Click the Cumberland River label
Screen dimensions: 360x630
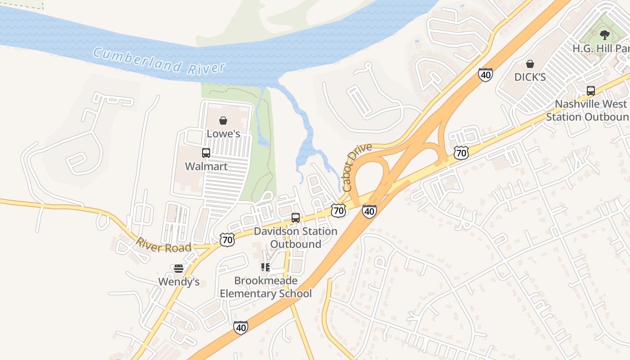(159, 61)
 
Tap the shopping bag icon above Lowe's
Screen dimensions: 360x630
(223, 121)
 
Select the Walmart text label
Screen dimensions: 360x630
(206, 166)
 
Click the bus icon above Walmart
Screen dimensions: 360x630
(206, 153)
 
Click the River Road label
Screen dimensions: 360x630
(163, 245)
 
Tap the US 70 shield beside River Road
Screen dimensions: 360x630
(227, 240)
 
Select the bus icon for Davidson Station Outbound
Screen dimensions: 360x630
(296, 218)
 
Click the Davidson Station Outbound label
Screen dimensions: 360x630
(296, 238)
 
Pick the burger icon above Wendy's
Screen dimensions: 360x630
(179, 269)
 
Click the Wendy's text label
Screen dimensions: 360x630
(179, 282)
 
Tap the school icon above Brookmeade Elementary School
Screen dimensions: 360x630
(265, 267)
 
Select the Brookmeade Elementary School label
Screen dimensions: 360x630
(265, 287)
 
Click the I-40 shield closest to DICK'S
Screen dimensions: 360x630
(485, 75)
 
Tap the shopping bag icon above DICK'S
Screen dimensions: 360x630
(530, 64)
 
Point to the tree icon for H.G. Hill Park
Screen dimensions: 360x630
(605, 35)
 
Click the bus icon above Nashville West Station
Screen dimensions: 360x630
(590, 91)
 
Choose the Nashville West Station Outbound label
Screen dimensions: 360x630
(588, 110)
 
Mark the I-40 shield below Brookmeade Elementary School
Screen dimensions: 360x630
(241, 328)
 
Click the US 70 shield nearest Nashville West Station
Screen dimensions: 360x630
(461, 153)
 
